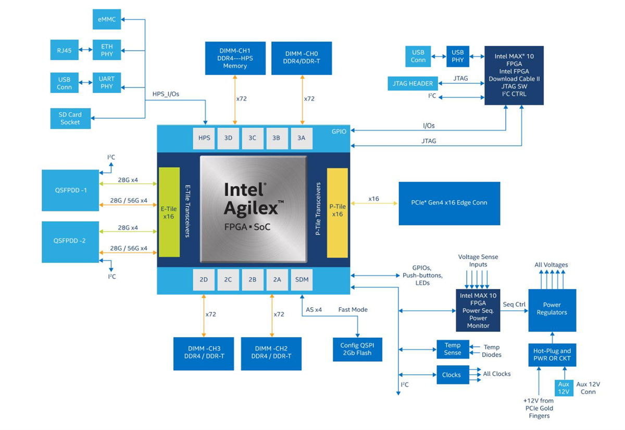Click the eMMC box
pyautogui.click(x=107, y=19)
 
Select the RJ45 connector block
pyautogui.click(x=65, y=50)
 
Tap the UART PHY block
pyautogui.click(x=106, y=83)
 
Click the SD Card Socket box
pyautogui.click(x=70, y=118)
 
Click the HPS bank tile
pyautogui.click(x=204, y=138)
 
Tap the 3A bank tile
pyautogui.click(x=302, y=138)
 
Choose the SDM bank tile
pyautogui.click(x=302, y=280)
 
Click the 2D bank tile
pyautogui.click(x=204, y=280)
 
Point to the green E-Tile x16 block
pyautogui.click(x=169, y=212)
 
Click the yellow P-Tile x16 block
pyautogui.click(x=337, y=212)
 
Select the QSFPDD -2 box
pyautogui.click(x=70, y=242)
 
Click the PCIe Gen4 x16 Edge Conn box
pyautogui.click(x=449, y=203)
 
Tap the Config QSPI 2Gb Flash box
pyautogui.click(x=358, y=349)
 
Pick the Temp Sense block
pyautogui.click(x=452, y=349)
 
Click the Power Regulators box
pyautogui.click(x=552, y=309)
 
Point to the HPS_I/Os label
pyautogui.click(x=165, y=94)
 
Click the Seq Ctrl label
pyautogui.click(x=514, y=304)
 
